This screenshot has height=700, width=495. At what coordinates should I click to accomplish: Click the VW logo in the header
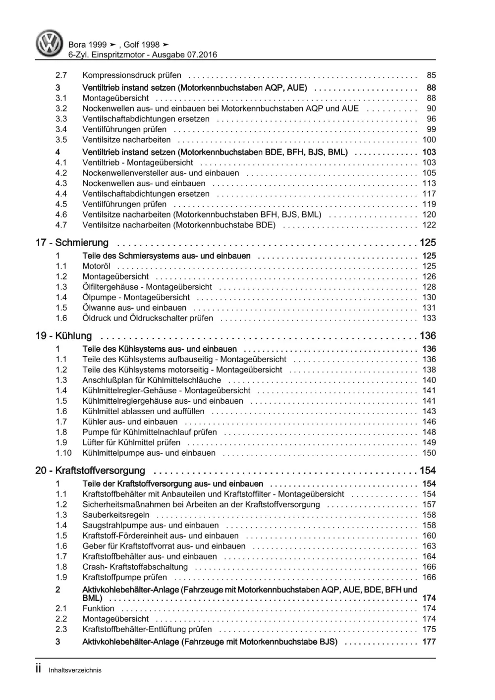click(49, 43)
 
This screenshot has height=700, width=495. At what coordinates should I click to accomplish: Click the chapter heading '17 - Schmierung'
click(72, 243)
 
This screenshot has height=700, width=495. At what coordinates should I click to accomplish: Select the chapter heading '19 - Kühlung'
click(63, 336)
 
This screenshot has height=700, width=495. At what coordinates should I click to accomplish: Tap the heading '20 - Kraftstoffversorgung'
click(90, 471)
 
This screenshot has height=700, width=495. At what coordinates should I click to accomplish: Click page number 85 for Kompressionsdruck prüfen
click(431, 75)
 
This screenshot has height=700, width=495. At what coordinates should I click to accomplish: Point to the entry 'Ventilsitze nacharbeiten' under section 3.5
click(126, 140)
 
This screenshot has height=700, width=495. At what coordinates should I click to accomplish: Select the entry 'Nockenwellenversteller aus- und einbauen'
click(161, 173)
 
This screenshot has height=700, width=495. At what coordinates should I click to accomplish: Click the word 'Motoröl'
click(96, 266)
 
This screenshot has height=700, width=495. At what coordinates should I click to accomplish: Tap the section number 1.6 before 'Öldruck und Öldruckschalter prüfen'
click(61, 318)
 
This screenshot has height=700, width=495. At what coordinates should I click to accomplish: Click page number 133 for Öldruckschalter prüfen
click(429, 318)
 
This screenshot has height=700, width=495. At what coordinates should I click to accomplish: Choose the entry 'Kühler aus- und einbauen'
click(130, 422)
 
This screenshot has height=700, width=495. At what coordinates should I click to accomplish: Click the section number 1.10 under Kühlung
click(63, 453)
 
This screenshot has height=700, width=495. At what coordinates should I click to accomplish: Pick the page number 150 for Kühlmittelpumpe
click(429, 453)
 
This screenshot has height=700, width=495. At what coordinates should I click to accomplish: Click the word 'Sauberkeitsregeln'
click(116, 515)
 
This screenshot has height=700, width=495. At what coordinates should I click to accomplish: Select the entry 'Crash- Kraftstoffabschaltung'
click(135, 567)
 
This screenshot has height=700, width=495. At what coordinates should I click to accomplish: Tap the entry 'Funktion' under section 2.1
click(98, 608)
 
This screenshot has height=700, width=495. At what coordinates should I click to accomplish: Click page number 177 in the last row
click(429, 642)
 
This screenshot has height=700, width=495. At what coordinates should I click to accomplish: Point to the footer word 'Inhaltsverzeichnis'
click(75, 670)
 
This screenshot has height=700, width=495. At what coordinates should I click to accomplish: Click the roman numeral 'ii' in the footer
click(39, 669)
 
